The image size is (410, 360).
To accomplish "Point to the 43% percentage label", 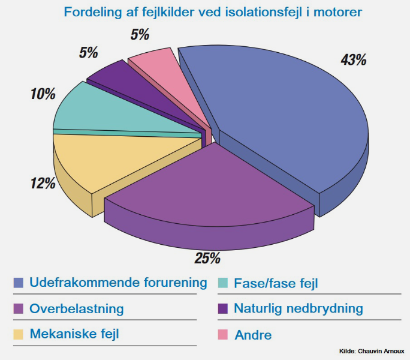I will pyautogui.click(x=353, y=60).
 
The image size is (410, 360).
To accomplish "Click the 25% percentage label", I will pyautogui.click(x=207, y=259).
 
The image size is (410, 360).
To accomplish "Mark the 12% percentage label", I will pyautogui.click(x=43, y=183).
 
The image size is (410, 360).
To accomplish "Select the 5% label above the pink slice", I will pyautogui.click(x=140, y=35).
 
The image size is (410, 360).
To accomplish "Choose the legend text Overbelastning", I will pyautogui.click(x=77, y=309).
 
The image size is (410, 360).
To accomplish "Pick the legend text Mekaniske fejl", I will pyautogui.click(x=74, y=334).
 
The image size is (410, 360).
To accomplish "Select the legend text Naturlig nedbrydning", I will pyautogui.click(x=299, y=309).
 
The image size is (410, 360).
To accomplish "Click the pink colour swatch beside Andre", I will pyautogui.click(x=222, y=334).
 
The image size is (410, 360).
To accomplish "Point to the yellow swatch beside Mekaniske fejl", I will pyautogui.click(x=18, y=334).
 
